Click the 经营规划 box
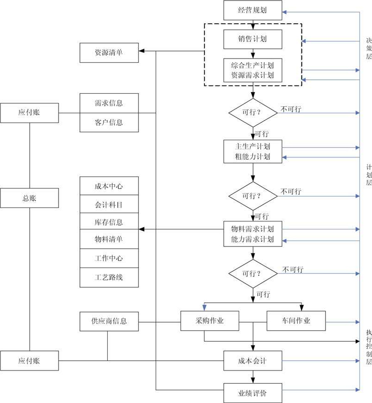[x=253, y=10]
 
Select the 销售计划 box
[x=253, y=39]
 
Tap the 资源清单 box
[x=109, y=52]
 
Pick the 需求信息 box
[x=109, y=103]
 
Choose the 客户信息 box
[x=109, y=123]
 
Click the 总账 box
[x=30, y=198]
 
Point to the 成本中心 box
[x=109, y=187]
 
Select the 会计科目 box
[x=109, y=205]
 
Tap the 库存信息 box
[x=109, y=222]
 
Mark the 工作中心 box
[x=109, y=259]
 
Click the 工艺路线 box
[x=109, y=277]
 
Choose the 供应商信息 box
[x=109, y=321]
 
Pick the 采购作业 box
[x=209, y=321]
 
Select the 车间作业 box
[x=296, y=321]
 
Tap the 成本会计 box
[x=253, y=361]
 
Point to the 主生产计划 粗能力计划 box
[x=253, y=151]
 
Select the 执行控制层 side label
[x=369, y=347]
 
